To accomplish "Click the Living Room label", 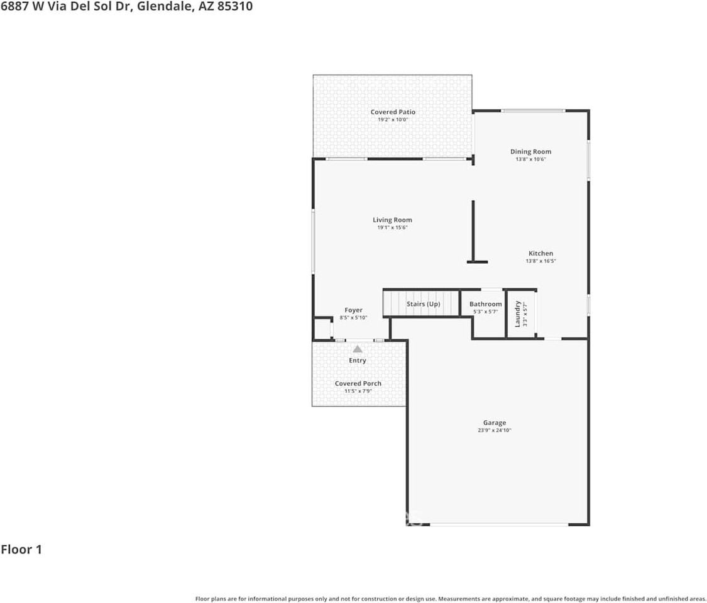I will pos(392,220).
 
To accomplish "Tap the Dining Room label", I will pos(530,151).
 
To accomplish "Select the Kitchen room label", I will pos(540,253).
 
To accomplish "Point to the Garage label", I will pos(495,423).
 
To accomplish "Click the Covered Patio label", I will pos(393,112).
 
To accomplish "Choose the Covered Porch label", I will pos(358,383).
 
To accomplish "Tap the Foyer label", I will pos(353,310).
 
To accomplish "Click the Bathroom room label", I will pos(486,304).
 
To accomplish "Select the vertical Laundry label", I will pos(518,313).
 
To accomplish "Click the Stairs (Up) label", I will pos(423,304).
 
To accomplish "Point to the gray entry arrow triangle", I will pos(357,349).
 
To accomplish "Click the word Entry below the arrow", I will pos(357,361).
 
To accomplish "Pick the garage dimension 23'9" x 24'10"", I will pos(495,431).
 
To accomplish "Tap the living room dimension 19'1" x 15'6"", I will pos(392,227).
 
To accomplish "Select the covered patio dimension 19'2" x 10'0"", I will pos(393,119).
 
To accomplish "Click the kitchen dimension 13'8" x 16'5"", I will pos(540,261).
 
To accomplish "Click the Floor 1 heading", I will pos(21,550).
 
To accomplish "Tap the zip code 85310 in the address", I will pos(235,7).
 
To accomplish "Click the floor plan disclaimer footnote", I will pos(450,599).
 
